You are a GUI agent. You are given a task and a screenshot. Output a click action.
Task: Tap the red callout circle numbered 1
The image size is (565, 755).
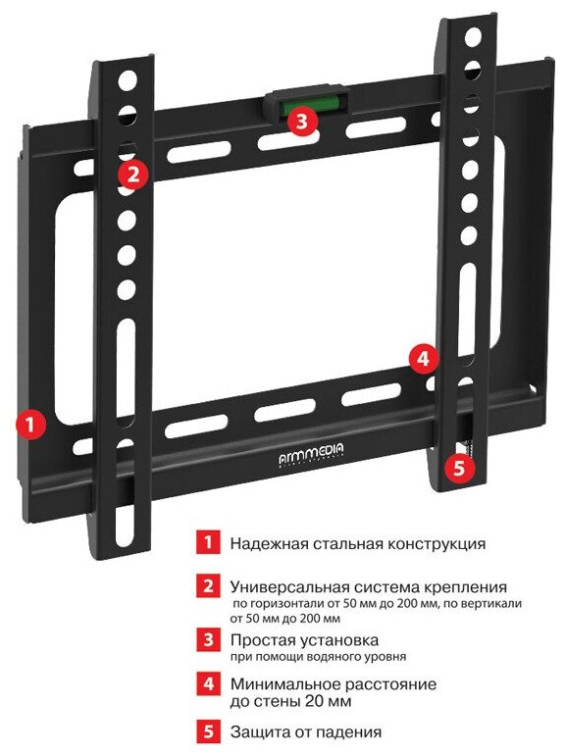click(x=29, y=425)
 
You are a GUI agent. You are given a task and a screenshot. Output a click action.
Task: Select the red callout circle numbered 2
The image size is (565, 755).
click(x=133, y=174)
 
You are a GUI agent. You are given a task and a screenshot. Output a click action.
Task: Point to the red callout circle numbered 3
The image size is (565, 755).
click(x=302, y=121)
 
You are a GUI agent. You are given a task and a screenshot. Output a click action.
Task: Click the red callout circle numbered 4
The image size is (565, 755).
click(x=424, y=359)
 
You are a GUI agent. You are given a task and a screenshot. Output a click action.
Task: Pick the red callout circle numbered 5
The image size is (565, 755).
click(x=459, y=467)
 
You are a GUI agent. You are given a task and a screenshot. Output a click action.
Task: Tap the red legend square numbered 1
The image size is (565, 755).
click(x=208, y=542)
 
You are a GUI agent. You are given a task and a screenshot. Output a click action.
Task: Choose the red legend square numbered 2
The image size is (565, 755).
click(x=208, y=586)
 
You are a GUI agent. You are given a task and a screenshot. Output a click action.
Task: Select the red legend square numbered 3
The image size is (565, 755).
click(x=208, y=640)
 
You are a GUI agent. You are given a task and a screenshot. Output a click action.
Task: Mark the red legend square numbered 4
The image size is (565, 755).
click(x=208, y=683)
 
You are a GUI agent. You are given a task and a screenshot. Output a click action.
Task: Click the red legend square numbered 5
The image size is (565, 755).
click(x=208, y=731)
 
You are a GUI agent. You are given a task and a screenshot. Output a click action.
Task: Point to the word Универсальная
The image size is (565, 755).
click(x=289, y=587)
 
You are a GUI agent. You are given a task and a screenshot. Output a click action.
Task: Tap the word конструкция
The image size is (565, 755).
click(x=437, y=544)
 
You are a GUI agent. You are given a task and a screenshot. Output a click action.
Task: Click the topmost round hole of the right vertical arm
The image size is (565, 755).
click(x=473, y=36)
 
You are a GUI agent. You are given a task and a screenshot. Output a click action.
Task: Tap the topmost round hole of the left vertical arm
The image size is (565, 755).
click(x=128, y=79)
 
